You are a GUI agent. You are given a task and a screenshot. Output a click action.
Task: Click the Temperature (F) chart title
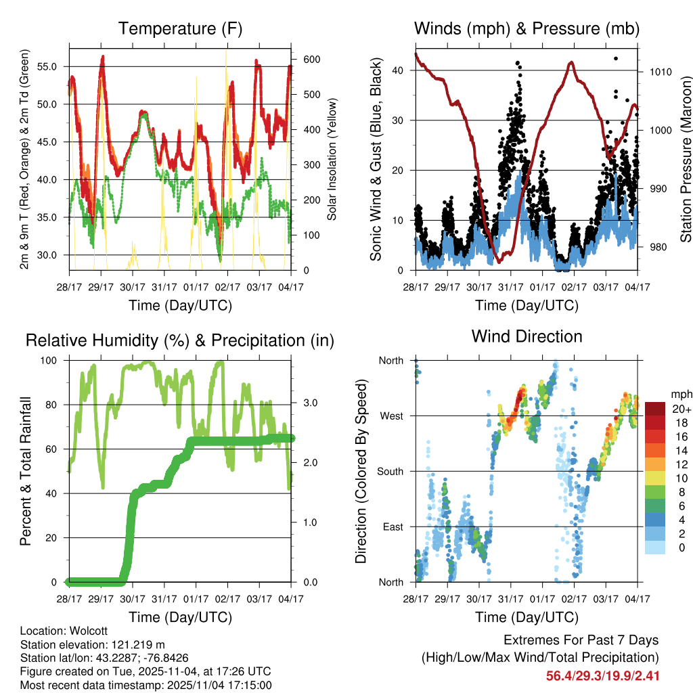(180, 28)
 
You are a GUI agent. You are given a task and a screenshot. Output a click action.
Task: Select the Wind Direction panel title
(527, 336)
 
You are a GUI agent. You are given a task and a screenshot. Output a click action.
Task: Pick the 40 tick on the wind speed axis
(399, 70)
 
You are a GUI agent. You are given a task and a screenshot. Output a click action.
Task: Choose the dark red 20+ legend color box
(655, 409)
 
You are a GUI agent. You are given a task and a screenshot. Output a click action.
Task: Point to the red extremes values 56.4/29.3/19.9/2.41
(602, 675)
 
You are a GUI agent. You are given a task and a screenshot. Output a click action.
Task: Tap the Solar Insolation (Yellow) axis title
(332, 160)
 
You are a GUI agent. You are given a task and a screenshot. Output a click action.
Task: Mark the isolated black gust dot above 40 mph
(615, 58)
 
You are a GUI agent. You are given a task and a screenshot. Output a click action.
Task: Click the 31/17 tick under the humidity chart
(164, 598)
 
